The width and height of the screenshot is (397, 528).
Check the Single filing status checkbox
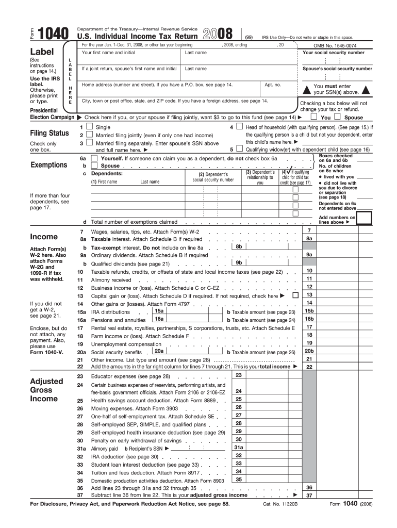[x=90, y=127]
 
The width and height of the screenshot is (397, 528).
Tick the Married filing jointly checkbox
[x=90, y=135]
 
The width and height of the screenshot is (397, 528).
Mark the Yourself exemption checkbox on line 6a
[x=94, y=158]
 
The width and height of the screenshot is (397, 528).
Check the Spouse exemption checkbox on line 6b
[x=94, y=166]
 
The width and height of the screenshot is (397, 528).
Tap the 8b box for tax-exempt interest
[x=239, y=247]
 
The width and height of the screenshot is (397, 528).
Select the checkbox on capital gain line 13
[x=295, y=295]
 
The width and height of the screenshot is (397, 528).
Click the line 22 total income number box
[x=309, y=367]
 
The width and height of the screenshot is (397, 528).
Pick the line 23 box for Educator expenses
[x=239, y=375]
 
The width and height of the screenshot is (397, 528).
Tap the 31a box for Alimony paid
[x=239, y=448]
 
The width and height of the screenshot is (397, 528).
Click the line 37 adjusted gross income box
[x=309, y=495]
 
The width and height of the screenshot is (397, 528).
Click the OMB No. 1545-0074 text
[x=336, y=45]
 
